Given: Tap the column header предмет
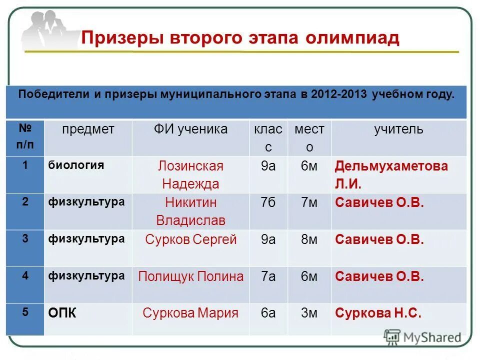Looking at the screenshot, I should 88,129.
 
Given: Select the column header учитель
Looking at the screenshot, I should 398,129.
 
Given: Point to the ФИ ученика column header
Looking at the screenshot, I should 190,129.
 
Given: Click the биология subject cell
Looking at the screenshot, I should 76,165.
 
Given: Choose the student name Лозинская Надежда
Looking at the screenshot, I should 190,175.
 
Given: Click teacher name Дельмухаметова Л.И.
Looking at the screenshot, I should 391,175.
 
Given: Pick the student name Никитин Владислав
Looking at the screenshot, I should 190,211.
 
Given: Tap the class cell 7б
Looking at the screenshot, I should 268,203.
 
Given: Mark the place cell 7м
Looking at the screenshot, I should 309,203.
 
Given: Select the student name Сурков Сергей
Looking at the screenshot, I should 190,240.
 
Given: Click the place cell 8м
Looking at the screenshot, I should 309,240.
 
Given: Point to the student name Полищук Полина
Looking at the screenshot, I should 190,276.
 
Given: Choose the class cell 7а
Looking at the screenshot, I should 268,276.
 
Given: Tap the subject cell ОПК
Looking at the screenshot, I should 62,313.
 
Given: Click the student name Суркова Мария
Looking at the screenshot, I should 190,313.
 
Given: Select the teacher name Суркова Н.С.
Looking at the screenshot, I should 378,313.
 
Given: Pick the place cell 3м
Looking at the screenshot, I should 309,313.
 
